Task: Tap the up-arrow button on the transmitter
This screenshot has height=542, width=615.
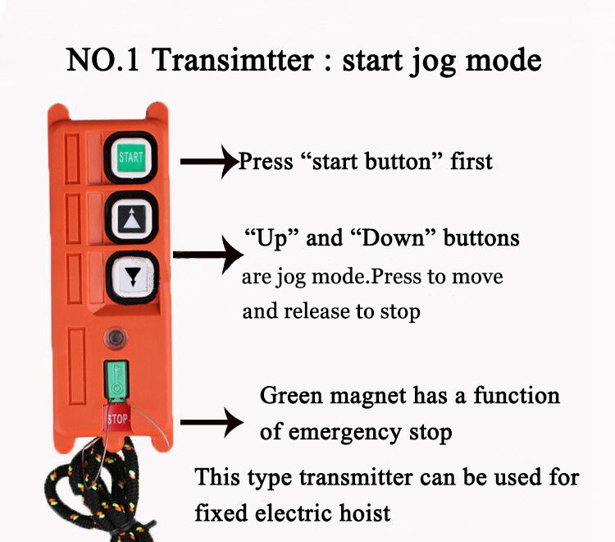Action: coord(131,218)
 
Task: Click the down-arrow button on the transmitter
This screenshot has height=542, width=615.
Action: coord(132,278)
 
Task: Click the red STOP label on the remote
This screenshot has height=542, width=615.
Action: coord(117,419)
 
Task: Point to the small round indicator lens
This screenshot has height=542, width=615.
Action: coord(116,338)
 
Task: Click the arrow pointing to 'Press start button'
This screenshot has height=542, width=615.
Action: coord(209,162)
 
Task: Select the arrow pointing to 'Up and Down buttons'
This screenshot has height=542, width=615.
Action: coord(208,255)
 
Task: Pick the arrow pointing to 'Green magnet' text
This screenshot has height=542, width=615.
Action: coord(212,422)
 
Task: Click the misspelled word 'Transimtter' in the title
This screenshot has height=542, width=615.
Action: coord(233,60)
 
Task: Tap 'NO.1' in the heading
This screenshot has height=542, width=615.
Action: coord(102,60)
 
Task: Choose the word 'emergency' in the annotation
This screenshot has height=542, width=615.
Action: coord(344,434)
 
